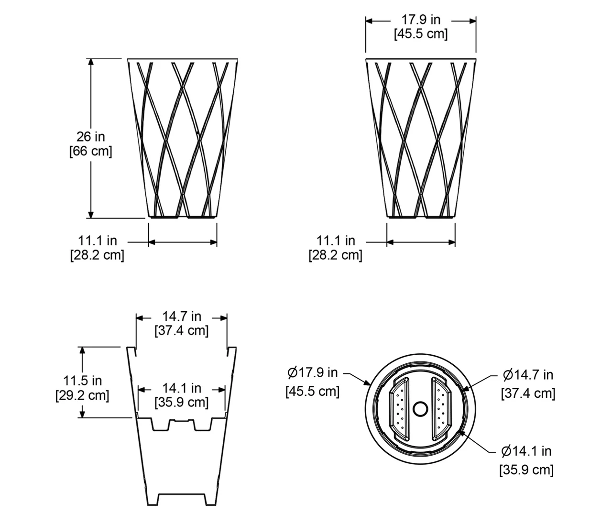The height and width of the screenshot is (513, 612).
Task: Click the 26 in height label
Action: pos(90,137)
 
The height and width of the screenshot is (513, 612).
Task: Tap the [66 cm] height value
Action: pos(90,151)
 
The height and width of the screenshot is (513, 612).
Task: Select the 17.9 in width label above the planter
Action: pos(421,20)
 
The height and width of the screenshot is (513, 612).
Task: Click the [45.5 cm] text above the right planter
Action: pos(421,34)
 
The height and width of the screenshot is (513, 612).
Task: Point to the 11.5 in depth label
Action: pos(83,381)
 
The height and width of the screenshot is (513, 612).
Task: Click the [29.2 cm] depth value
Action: pos(82,395)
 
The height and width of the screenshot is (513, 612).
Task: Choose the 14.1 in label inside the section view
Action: pos(182,388)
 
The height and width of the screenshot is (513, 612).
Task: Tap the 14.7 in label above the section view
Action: pos(182,317)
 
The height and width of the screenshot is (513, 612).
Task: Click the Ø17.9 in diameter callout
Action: pos(312,372)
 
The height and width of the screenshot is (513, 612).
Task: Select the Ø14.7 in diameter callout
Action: pos(528,375)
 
